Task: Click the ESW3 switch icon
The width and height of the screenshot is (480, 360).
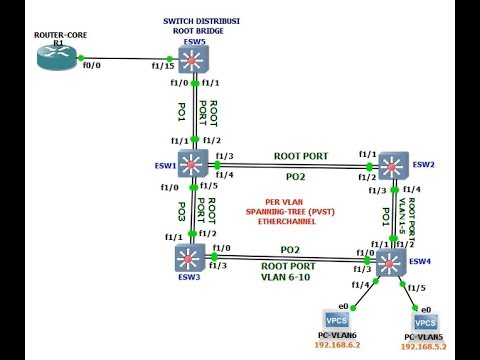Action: pyautogui.click(x=187, y=258)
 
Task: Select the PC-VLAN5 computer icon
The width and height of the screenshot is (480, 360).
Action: pyautogui.click(x=425, y=324)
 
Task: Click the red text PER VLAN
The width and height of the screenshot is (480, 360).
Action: pyautogui.click(x=285, y=201)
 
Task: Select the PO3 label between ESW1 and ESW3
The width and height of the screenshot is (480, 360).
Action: pyautogui.click(x=181, y=212)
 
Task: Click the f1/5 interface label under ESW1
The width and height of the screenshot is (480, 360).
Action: pyautogui.click(x=207, y=185)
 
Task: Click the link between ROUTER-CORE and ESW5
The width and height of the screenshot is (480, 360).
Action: pyautogui.click(x=130, y=62)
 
